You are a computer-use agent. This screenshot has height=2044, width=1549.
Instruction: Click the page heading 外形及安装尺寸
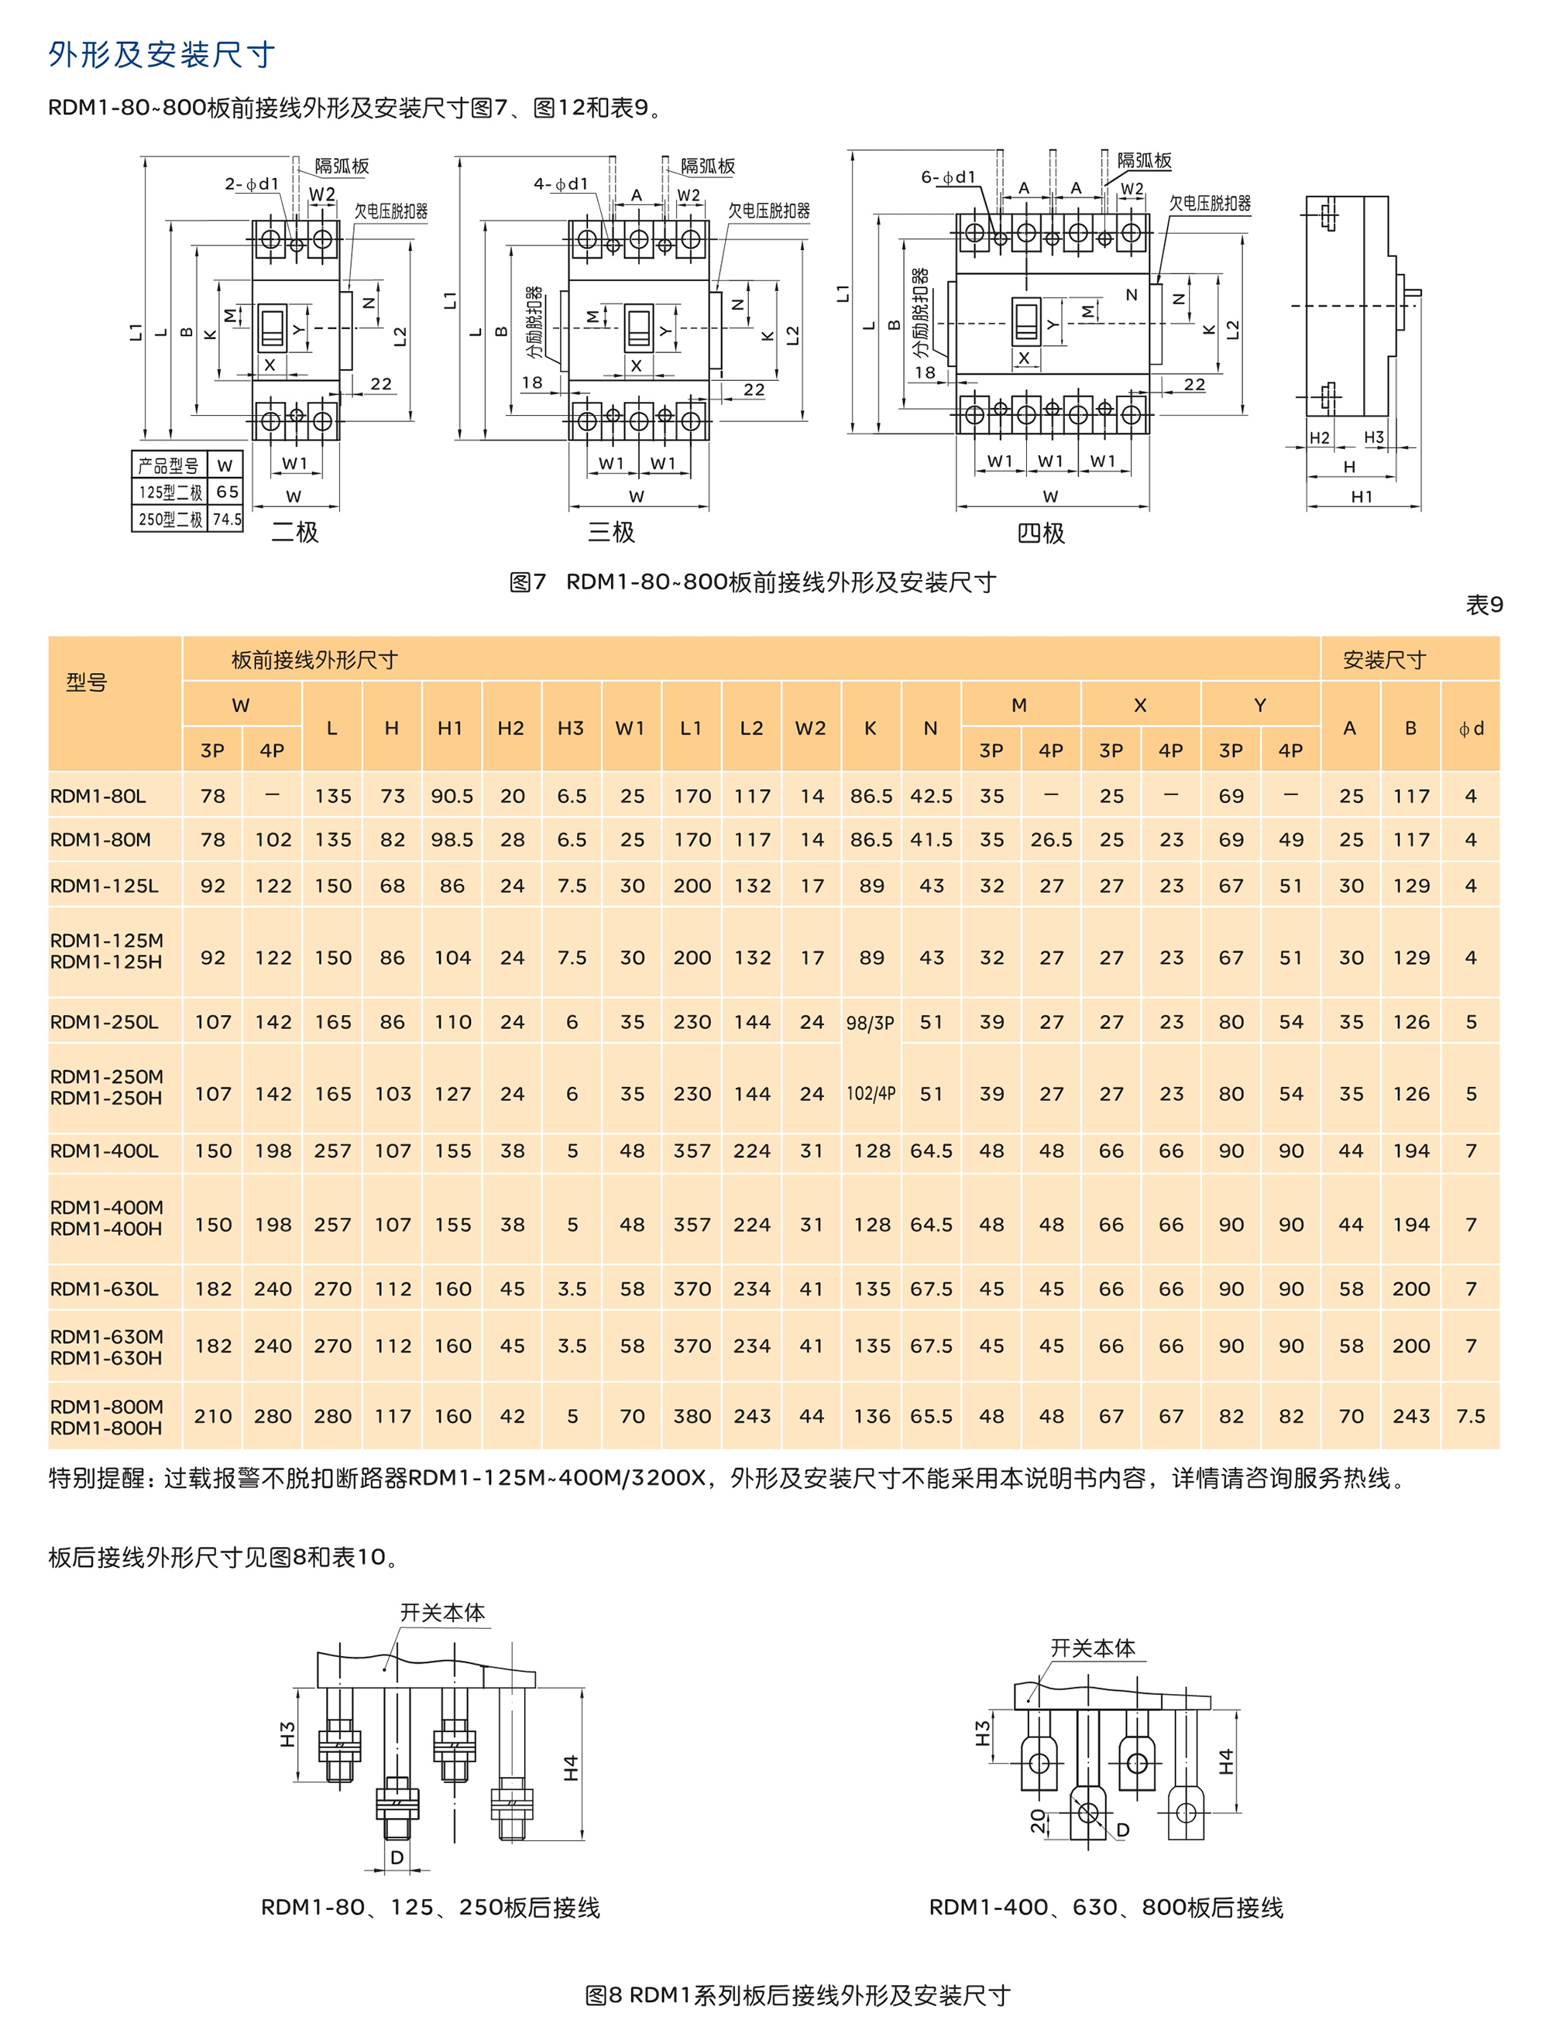[x=162, y=54]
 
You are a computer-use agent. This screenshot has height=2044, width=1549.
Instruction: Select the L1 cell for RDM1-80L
[x=692, y=796]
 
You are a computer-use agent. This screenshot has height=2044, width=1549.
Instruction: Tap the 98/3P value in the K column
[x=870, y=1023]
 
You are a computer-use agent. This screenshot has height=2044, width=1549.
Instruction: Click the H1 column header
[x=450, y=728]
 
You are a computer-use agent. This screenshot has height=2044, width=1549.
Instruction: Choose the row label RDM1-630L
[x=105, y=1288]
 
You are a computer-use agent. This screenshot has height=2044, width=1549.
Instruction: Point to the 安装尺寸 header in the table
[x=1383, y=660]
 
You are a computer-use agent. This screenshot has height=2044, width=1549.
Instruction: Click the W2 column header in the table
[x=811, y=728]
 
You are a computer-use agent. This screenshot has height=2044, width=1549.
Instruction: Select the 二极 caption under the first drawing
[x=295, y=532]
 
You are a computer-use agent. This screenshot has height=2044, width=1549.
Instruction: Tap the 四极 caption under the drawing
[x=1041, y=533]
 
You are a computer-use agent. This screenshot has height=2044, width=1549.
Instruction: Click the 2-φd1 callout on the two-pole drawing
[x=252, y=184]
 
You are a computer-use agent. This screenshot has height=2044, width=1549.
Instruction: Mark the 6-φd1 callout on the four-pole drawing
[x=947, y=177]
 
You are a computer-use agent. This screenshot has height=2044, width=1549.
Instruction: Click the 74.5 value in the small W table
[x=226, y=520]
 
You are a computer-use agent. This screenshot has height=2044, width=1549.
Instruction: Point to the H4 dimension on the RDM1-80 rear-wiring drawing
[x=571, y=1768]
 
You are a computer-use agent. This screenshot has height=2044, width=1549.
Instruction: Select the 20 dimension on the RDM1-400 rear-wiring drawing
[x=1038, y=1820]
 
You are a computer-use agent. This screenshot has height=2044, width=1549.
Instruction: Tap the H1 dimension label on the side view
[x=1362, y=496]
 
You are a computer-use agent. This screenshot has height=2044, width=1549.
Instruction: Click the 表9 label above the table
[x=1484, y=605]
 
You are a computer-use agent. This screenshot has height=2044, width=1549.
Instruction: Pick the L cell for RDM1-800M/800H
[x=333, y=1415]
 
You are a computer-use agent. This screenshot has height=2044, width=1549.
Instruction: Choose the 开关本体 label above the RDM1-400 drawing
[x=1093, y=1648]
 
